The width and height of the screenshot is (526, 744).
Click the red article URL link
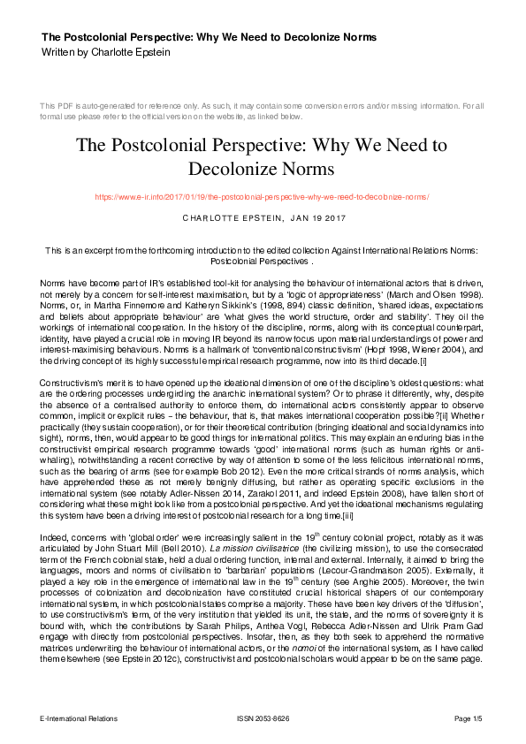(263, 196)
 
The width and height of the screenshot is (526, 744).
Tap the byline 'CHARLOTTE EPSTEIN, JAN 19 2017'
(263, 217)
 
